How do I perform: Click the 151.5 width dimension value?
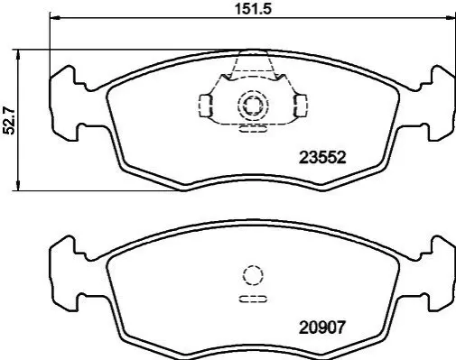tap(253, 8)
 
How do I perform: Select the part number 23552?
tap(322, 157)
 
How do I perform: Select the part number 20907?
tap(321, 328)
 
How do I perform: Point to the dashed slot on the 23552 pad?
tap(253, 129)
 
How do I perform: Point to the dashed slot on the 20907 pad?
tap(253, 300)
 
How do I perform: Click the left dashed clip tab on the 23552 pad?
tap(206, 106)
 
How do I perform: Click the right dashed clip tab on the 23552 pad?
tap(300, 106)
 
